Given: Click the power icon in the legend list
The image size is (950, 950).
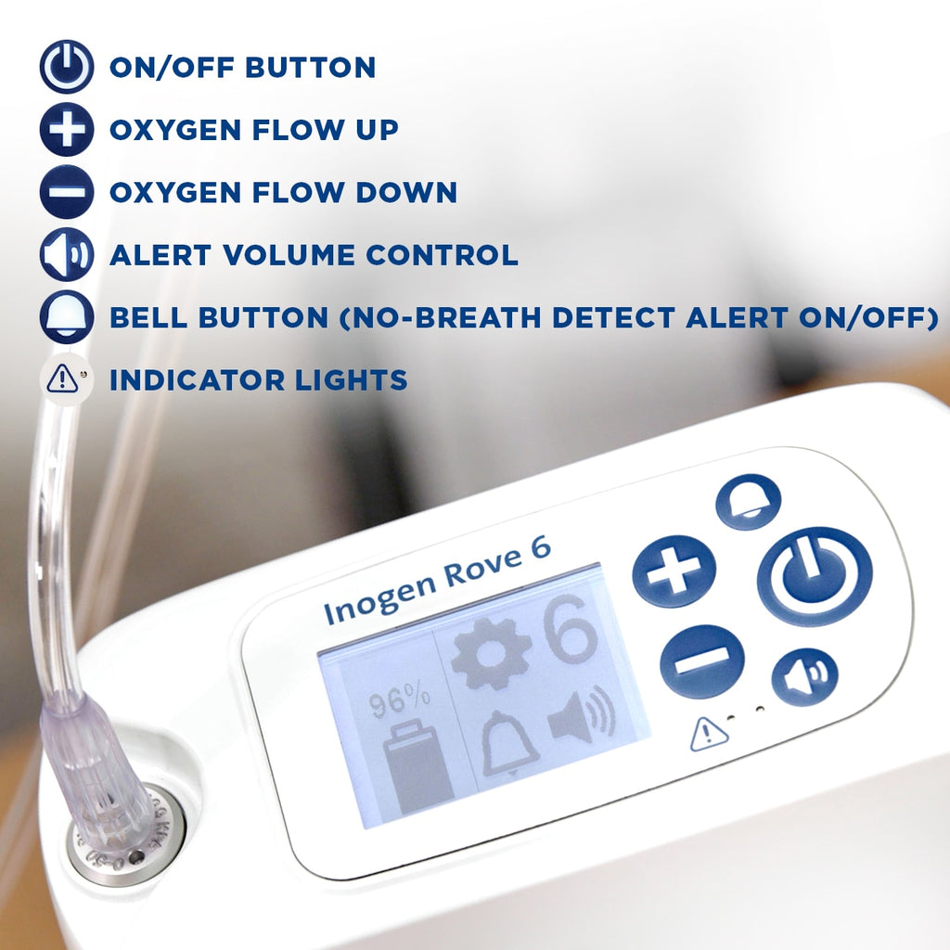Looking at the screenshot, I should click(x=66, y=67).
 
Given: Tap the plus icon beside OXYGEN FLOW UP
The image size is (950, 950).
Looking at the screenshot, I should click(x=66, y=129).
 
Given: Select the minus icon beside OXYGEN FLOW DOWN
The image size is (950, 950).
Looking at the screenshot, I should click(x=66, y=192).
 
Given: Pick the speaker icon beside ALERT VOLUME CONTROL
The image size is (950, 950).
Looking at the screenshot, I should click(x=66, y=255).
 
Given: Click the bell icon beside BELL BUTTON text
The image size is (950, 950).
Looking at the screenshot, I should click(x=66, y=317).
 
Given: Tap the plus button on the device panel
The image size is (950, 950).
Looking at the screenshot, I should click(x=674, y=571).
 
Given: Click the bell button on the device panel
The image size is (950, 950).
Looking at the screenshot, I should click(x=748, y=502).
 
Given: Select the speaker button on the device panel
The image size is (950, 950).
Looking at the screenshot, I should click(x=804, y=676).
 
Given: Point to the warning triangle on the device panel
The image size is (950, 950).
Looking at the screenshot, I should click(x=709, y=735).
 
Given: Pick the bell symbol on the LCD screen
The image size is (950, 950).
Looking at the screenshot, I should click(x=509, y=742).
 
